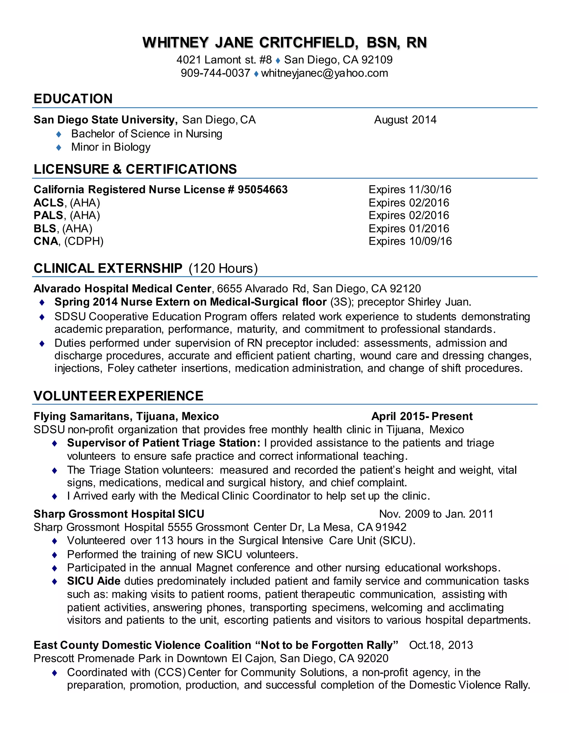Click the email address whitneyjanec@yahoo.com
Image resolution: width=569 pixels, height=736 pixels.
point(324,73)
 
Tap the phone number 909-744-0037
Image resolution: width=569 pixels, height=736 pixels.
point(215,73)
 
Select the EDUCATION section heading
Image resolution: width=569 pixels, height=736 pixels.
point(73,99)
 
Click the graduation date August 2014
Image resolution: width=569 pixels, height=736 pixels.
point(405,120)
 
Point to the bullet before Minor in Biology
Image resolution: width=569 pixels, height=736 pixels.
point(59,147)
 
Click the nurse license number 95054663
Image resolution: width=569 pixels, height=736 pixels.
point(263,189)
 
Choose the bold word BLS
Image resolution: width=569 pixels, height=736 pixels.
point(45,229)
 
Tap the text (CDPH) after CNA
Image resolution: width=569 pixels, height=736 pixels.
point(84,241)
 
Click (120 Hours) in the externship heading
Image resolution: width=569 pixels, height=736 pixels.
point(223,268)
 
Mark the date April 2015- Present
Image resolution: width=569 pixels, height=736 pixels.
point(422,416)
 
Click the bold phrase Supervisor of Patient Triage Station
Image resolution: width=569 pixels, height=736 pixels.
point(163,443)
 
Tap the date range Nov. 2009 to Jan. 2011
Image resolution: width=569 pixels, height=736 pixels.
point(436,514)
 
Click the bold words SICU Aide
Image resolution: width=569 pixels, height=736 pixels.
point(94,581)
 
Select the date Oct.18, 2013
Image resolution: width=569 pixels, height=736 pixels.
point(441,645)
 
